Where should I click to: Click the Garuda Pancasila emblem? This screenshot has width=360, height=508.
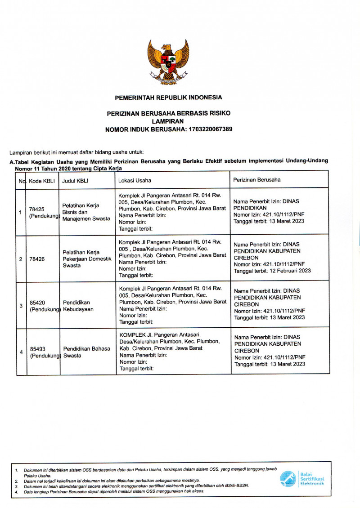pyautogui.click(x=168, y=62)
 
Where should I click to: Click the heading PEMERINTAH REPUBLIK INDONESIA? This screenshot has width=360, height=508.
pyautogui.click(x=168, y=97)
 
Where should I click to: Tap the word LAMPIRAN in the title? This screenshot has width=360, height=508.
pyautogui.click(x=168, y=121)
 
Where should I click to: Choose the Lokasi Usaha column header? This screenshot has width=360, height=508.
pyautogui.click(x=135, y=180)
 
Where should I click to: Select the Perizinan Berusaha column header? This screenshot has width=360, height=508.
pyautogui.click(x=257, y=179)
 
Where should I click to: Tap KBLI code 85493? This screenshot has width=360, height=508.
pyautogui.click(x=38, y=349)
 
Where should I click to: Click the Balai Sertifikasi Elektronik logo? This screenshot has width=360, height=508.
pyautogui.click(x=301, y=479)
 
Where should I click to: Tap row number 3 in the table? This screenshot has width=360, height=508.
pyautogui.click(x=21, y=306)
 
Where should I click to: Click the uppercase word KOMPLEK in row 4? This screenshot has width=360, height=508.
pyautogui.click(x=131, y=335)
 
